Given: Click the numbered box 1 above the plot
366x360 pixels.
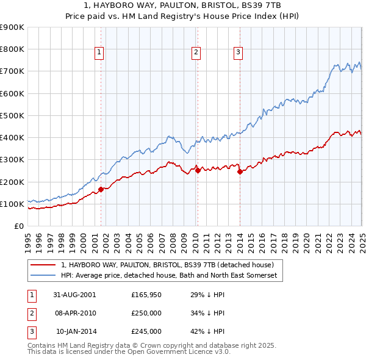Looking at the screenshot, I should click(99, 53).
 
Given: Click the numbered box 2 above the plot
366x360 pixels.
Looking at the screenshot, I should click(196, 53).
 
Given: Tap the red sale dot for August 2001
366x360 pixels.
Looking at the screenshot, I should click(101, 189).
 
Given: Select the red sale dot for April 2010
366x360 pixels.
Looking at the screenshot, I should click(198, 171).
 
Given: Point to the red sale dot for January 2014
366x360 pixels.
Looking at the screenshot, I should click(240, 171).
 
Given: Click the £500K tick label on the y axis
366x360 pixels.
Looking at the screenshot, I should click(12, 115).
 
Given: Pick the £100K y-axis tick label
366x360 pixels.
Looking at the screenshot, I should click(12, 204).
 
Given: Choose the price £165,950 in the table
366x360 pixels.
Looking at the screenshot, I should click(146, 295).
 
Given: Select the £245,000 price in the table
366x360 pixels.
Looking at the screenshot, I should click(146, 331).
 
